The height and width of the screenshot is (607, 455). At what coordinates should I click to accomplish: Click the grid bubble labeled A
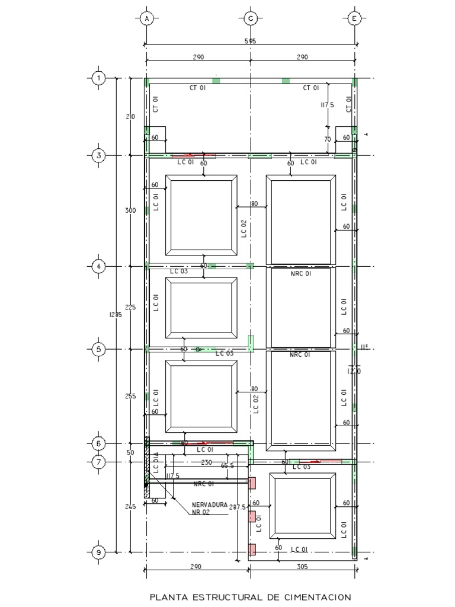point(146,18)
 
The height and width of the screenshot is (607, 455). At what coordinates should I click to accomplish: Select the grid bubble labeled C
point(251,18)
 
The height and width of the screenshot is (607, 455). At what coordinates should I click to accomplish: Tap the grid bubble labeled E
point(354,18)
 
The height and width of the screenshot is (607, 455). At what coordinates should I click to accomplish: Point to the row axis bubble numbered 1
point(99,78)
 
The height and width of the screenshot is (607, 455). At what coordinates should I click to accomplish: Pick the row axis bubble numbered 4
point(99,267)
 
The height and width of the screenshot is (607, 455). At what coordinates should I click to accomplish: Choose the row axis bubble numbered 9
point(99,552)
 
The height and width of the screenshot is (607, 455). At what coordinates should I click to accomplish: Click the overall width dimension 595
point(251,41)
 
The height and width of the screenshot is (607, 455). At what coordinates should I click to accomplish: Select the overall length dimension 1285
point(116,315)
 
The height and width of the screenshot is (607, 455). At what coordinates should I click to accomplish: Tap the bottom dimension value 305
point(302,567)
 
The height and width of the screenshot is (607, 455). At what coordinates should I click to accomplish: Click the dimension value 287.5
point(237,507)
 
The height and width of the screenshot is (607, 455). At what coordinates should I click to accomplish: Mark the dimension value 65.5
point(227,467)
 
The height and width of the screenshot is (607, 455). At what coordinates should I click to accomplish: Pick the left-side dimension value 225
point(131,307)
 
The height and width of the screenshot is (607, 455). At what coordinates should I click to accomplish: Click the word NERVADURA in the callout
point(209,505)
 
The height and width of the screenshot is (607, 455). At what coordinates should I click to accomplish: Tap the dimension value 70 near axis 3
point(327,139)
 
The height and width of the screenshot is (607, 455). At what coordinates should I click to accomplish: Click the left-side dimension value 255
point(131,396)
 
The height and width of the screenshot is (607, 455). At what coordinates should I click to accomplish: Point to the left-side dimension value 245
point(131,506)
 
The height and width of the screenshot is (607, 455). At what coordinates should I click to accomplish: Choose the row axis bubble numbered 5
point(99,349)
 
